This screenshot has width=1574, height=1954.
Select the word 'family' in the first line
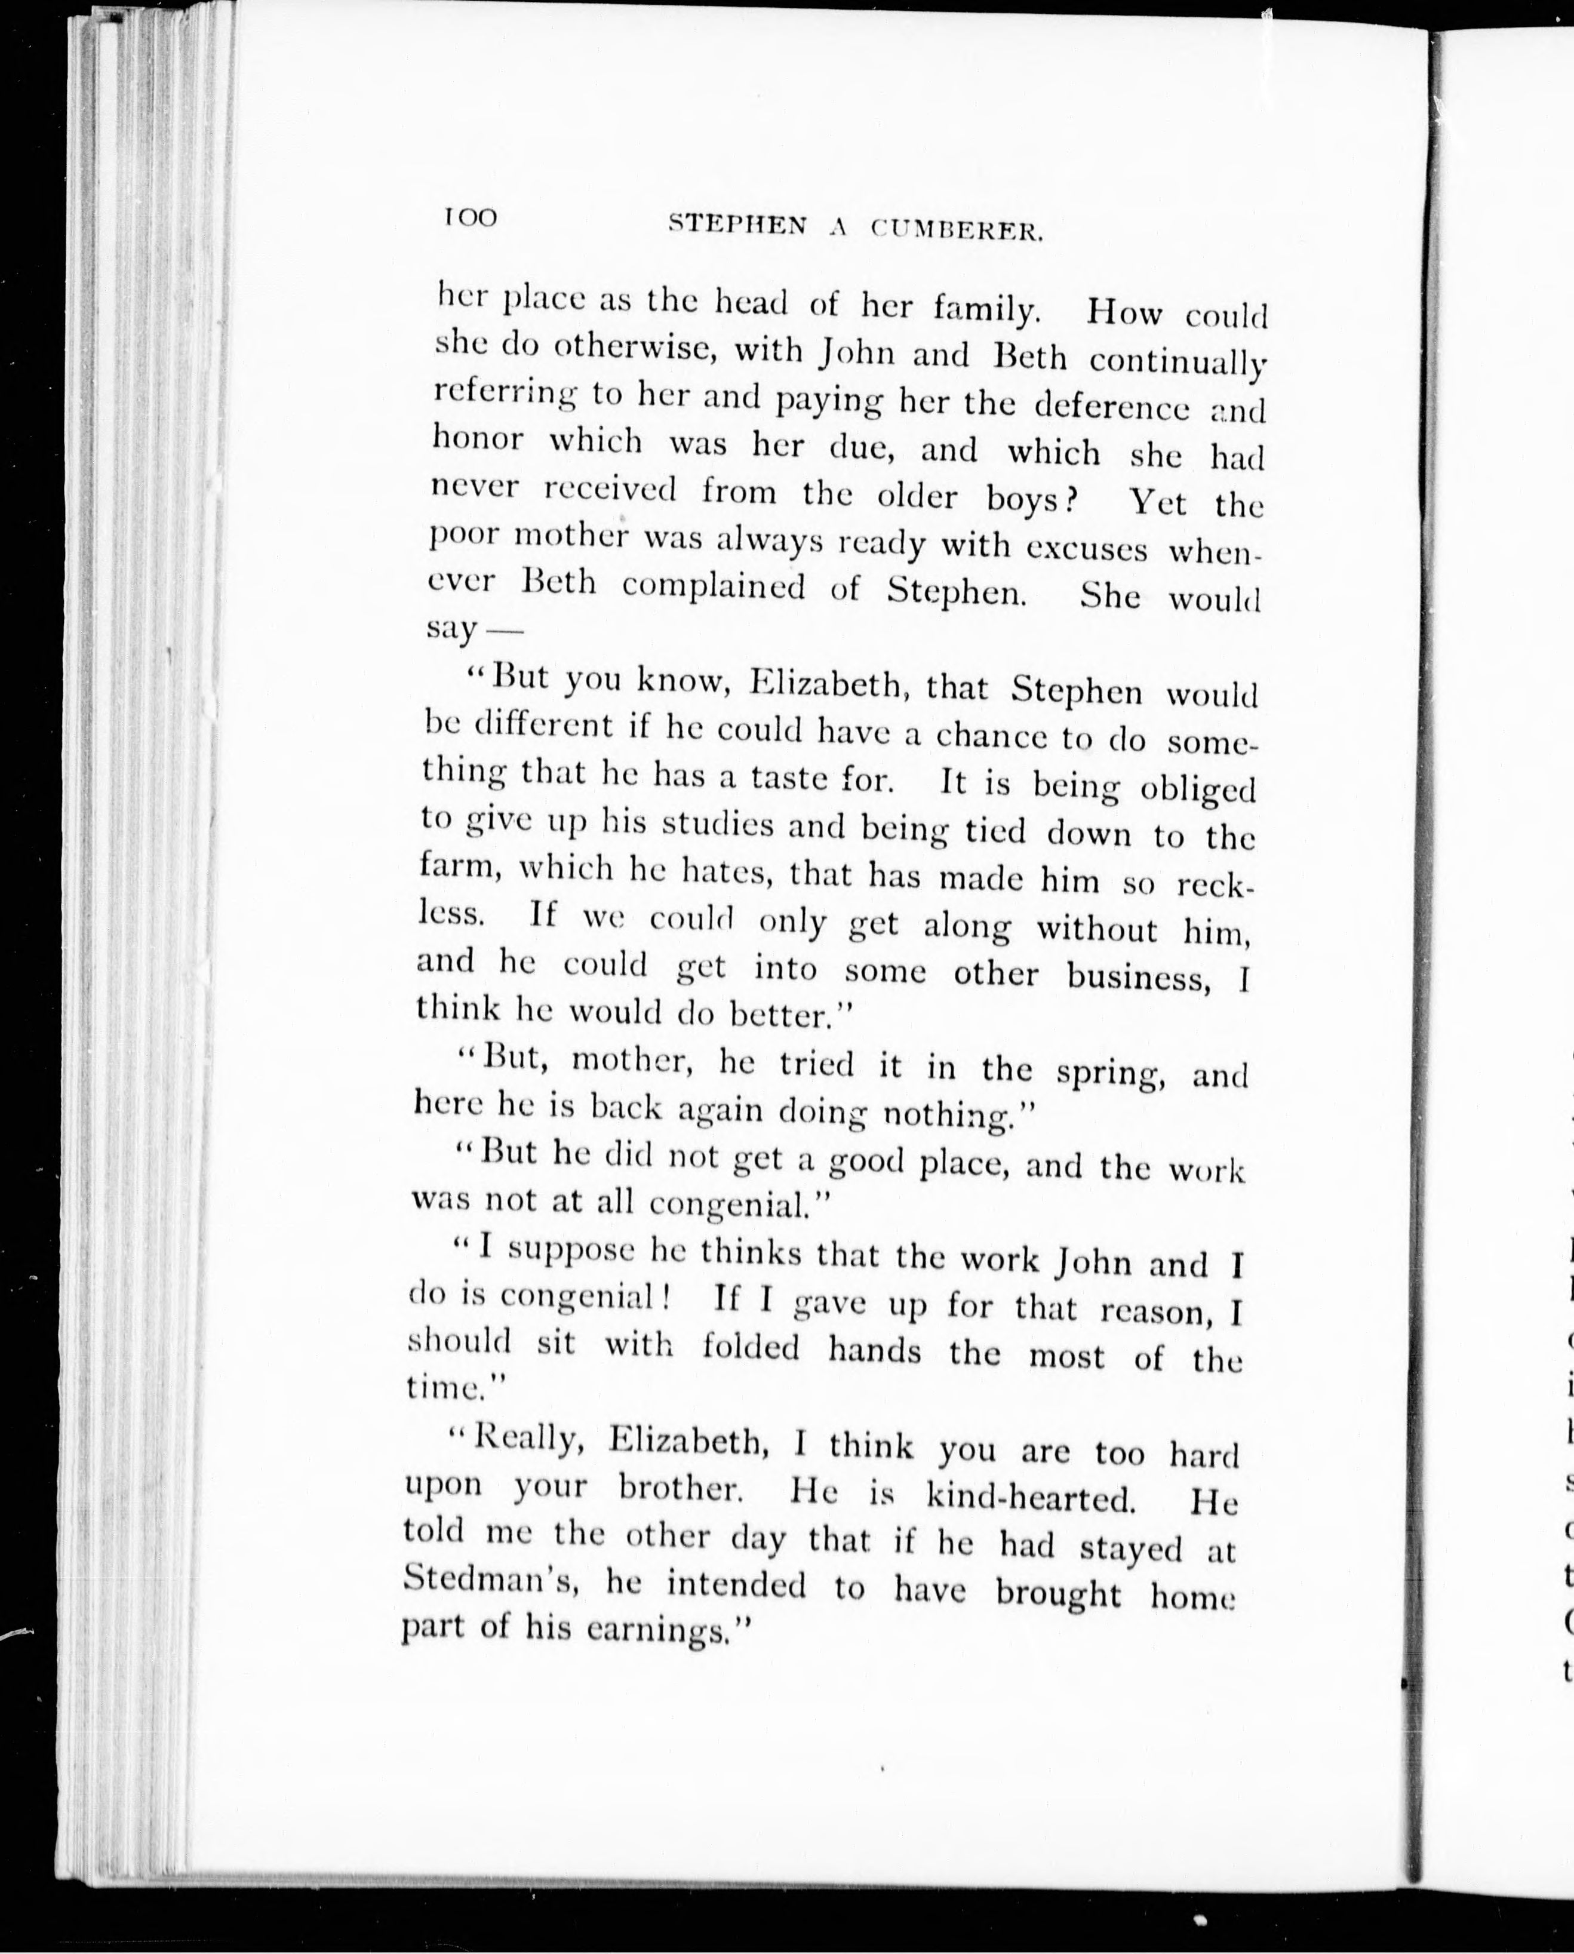tap(985, 311)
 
